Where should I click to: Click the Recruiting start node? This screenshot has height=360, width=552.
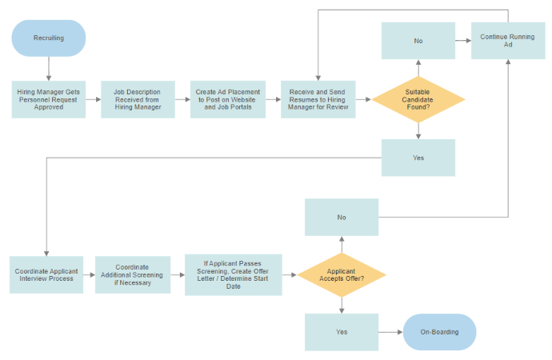pos(49,38)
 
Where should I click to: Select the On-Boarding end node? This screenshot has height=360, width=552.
pos(439,332)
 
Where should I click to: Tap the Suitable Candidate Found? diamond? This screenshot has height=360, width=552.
pos(418,99)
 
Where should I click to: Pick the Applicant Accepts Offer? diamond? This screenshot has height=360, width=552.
pos(342,275)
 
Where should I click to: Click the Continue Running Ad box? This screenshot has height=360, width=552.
pos(508,41)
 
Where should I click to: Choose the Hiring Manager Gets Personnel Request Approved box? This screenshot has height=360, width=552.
pos(49,99)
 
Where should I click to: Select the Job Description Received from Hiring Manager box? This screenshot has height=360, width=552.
pos(138,99)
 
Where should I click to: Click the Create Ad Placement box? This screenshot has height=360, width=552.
pos(228,99)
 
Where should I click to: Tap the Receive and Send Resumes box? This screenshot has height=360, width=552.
pos(318,99)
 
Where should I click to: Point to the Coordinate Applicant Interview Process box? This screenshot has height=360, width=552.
pos(46,275)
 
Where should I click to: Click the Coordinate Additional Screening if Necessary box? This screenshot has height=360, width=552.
pos(133,275)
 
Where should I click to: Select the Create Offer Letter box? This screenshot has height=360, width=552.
pos(234,275)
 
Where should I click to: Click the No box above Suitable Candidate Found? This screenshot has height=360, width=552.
pos(418,41)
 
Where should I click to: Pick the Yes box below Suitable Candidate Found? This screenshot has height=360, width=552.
pos(418,158)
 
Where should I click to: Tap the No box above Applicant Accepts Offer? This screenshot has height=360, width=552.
pos(342,217)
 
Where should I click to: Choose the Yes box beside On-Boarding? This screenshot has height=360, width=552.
pos(342,332)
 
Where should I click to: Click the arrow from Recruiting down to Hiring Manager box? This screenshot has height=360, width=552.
pos(49,69)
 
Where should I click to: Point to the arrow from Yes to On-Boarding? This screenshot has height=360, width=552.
pos(390,332)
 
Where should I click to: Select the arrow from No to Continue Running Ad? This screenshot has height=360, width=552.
pos(463,41)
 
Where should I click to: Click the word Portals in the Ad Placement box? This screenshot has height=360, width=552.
pos(240,107)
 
